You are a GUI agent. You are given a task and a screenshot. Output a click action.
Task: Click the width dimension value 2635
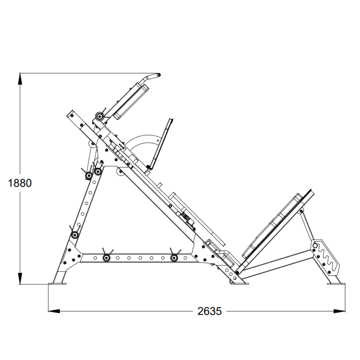(x=209, y=311)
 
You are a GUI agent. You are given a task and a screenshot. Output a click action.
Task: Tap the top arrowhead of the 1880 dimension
(x=20, y=79)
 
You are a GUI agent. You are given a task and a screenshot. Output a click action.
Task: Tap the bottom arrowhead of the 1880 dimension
(x=20, y=279)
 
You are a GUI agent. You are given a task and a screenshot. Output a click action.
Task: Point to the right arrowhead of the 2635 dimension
(x=340, y=311)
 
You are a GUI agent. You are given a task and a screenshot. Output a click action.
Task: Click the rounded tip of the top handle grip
(x=159, y=75)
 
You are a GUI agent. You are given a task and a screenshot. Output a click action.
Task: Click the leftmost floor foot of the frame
(x=57, y=284)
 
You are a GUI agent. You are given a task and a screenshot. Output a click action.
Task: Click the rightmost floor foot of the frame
(x=334, y=284)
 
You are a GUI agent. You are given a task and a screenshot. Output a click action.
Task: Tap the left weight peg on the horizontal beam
(x=107, y=257)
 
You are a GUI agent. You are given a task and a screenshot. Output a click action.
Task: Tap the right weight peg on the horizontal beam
(x=174, y=257)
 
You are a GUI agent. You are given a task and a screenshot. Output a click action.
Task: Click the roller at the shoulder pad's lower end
(x=99, y=116)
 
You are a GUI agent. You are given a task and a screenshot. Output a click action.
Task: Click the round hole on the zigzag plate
(x=315, y=246)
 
